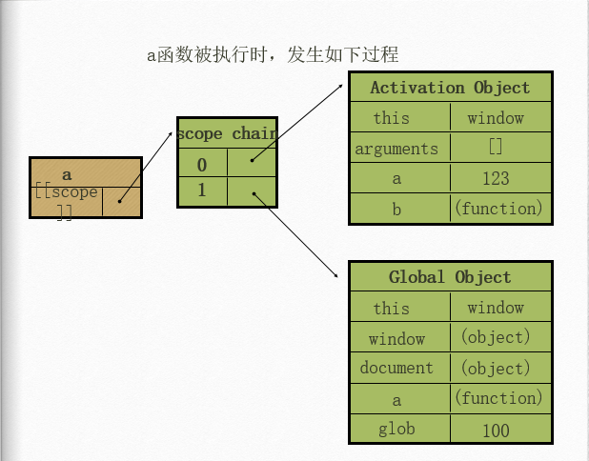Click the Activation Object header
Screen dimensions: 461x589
click(450, 88)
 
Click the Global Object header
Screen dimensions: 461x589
click(450, 277)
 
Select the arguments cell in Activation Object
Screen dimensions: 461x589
click(397, 149)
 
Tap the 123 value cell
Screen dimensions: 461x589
click(496, 178)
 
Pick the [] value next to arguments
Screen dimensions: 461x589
click(496, 148)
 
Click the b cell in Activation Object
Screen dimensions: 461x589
click(397, 209)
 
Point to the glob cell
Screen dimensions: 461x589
click(397, 429)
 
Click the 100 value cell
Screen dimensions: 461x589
click(496, 430)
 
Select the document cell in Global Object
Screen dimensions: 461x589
click(397, 368)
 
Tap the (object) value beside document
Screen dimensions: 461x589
click(496, 368)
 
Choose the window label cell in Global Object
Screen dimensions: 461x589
click(397, 338)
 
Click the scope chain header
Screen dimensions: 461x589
click(227, 133)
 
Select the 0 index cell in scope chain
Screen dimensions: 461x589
click(202, 165)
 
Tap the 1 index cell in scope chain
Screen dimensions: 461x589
click(202, 190)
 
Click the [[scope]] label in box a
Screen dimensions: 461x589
click(66, 201)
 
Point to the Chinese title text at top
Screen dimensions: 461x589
click(278, 54)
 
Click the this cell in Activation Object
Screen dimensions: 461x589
click(392, 118)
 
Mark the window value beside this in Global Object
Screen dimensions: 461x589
click(496, 308)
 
